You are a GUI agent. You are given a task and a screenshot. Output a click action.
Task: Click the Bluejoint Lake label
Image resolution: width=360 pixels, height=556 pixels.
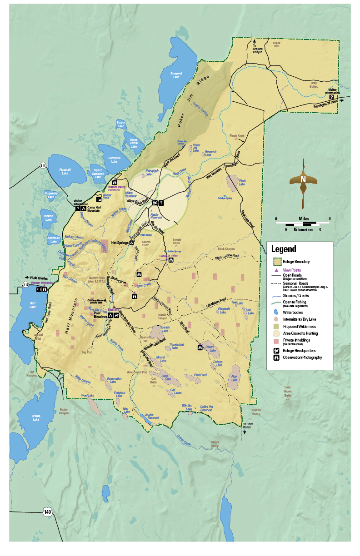[176, 75]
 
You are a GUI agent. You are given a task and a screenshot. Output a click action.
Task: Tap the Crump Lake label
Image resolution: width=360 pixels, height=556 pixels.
[36, 418]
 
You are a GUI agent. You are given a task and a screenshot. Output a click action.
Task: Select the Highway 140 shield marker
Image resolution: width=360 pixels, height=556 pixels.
[48, 512]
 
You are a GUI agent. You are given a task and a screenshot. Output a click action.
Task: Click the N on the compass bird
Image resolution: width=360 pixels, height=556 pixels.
[303, 179]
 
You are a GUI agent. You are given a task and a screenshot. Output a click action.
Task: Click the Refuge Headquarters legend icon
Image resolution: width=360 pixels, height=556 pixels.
[276, 350]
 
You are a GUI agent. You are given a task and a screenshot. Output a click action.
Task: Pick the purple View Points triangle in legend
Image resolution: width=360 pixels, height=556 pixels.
[276, 270]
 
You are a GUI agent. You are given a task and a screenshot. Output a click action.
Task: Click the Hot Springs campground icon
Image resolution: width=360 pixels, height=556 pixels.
[131, 243]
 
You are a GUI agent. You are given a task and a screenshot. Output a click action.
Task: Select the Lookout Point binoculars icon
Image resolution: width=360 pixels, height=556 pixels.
[171, 260]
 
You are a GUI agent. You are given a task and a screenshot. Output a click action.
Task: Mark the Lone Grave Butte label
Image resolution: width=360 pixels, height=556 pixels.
[287, 392]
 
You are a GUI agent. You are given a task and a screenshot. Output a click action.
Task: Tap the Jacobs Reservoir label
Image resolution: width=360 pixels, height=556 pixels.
[152, 416]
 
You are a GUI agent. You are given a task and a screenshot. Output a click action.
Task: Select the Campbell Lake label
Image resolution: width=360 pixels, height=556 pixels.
[114, 160]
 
